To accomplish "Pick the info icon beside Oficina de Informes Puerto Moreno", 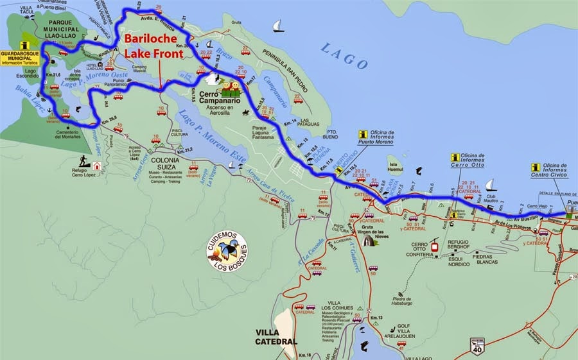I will click(363, 135).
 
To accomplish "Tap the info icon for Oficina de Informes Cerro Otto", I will click(455, 157).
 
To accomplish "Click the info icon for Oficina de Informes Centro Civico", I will click(536, 167).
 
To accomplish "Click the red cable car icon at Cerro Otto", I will click(434, 246).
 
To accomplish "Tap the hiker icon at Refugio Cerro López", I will click(83, 160).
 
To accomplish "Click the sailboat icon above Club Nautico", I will click(490, 185).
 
